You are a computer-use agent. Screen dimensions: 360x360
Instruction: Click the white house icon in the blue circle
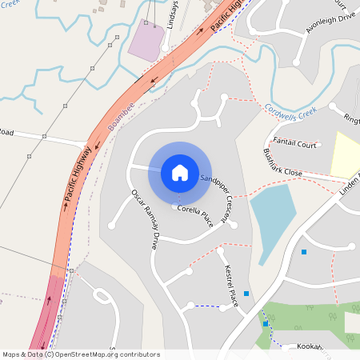[x=180, y=172]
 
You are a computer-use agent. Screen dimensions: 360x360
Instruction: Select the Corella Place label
[x=195, y=214]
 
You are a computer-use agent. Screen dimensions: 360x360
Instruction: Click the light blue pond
[x=273, y=211]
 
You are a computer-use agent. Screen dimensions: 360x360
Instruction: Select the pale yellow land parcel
[x=346, y=155]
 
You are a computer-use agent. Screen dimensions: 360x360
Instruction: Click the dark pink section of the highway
[x=48, y=308]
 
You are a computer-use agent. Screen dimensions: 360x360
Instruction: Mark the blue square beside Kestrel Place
[x=246, y=294]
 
